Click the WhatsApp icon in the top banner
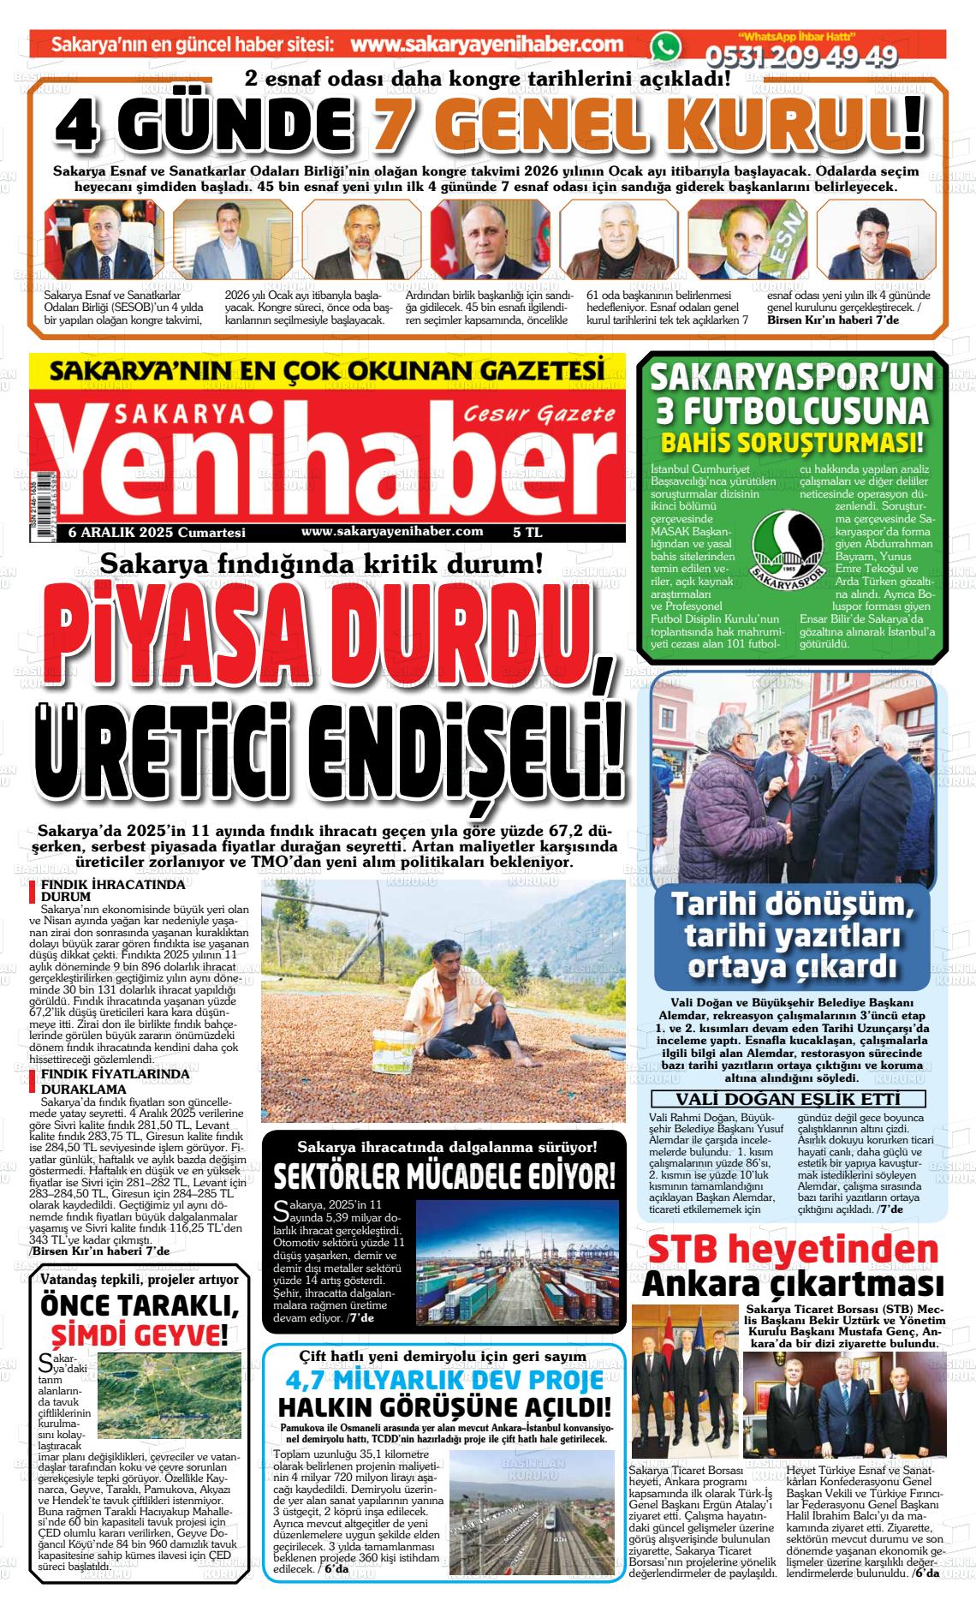pyautogui.click(x=664, y=48)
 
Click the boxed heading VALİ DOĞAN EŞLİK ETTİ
pyautogui.click(x=788, y=1099)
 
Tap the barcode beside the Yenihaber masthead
pyautogui.click(x=32, y=496)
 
